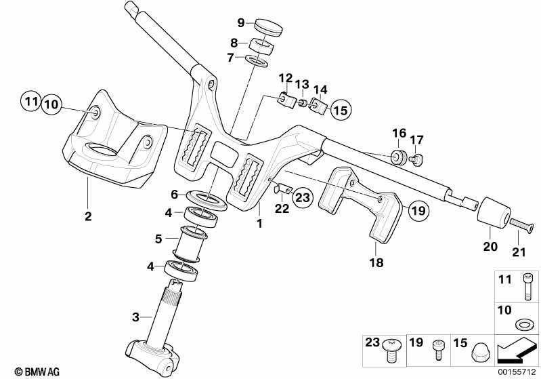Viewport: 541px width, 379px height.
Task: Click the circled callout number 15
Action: tap(341, 110)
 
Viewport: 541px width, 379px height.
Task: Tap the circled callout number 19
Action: tap(419, 210)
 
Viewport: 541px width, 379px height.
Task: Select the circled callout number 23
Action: tap(303, 197)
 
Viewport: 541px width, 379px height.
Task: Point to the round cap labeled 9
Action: tap(269, 27)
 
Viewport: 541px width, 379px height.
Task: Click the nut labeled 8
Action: tap(261, 45)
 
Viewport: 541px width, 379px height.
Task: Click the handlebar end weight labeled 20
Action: tap(494, 213)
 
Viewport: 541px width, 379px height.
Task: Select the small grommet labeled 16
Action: tap(399, 157)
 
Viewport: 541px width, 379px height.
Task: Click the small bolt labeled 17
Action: tap(416, 159)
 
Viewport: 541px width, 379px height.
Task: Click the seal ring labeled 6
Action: tap(207, 200)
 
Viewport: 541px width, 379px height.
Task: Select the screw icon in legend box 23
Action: tap(391, 351)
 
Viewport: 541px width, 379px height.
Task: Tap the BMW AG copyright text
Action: tap(37, 372)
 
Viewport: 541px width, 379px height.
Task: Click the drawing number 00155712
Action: tap(517, 372)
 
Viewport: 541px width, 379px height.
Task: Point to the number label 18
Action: tap(376, 262)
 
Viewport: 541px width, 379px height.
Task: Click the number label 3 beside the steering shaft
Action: tap(136, 317)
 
